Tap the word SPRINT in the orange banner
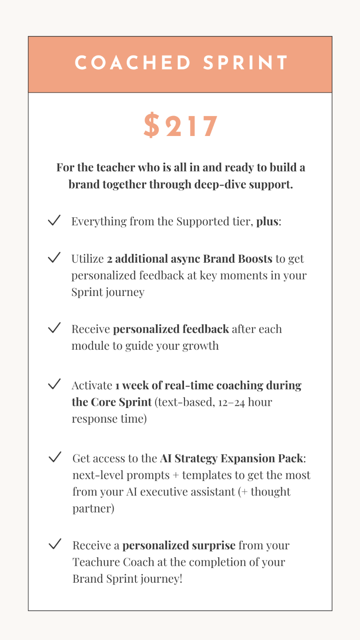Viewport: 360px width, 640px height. click(245, 64)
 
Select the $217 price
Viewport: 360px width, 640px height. click(180, 126)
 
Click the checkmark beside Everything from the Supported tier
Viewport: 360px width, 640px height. click(54, 220)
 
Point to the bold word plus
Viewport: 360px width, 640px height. click(267, 221)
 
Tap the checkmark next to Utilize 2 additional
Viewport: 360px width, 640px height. click(54, 258)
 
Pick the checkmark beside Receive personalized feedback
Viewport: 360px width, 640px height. click(54, 328)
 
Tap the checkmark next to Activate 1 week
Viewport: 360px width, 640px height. click(54, 384)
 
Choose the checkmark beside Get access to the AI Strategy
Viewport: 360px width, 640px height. click(55, 457)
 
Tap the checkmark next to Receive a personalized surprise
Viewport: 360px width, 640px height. click(55, 544)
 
